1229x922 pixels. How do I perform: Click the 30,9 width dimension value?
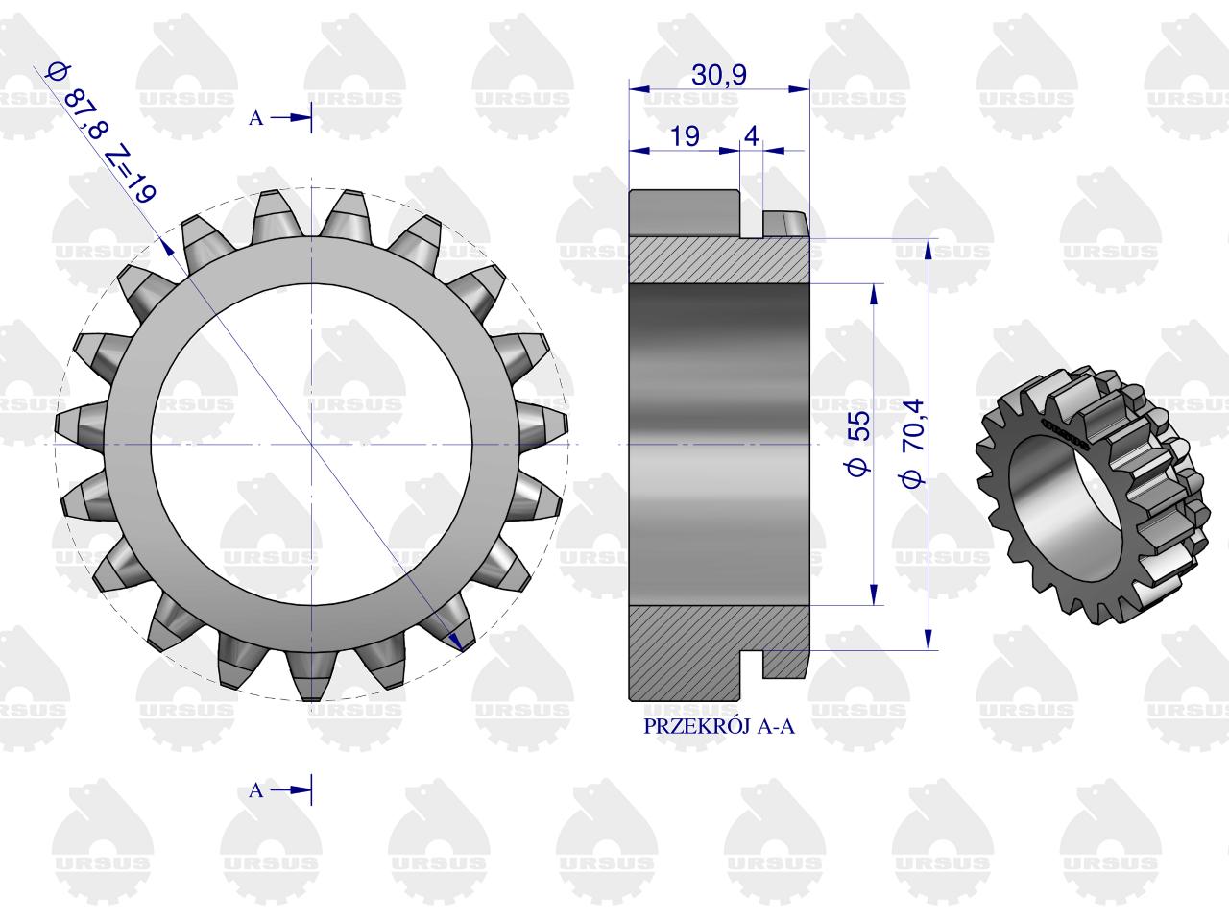tap(719, 75)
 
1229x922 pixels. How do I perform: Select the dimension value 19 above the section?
tap(685, 136)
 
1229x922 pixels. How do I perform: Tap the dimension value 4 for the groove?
tap(752, 136)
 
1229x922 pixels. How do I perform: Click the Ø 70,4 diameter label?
tap(912, 443)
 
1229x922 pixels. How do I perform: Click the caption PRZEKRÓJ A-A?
tap(719, 726)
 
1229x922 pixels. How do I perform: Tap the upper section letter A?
tap(255, 118)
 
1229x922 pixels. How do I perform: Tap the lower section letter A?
tap(255, 789)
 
